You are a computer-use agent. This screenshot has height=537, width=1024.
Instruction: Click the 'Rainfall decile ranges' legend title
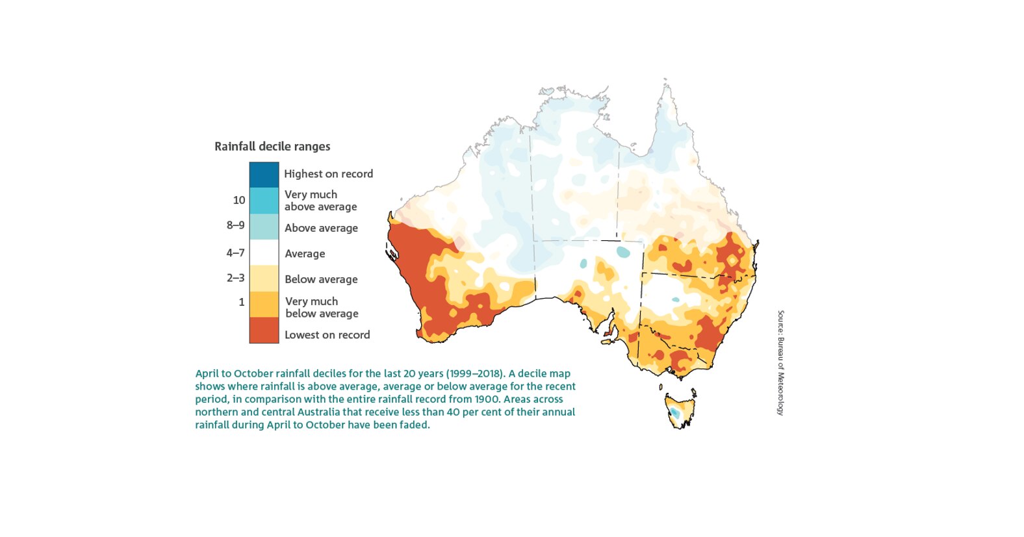coord(272,147)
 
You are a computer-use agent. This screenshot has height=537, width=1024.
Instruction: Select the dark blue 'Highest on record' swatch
coord(264,175)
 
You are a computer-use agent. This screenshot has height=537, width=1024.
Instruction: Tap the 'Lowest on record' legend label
coord(327,335)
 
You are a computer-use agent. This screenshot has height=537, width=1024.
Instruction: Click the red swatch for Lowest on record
coord(264,330)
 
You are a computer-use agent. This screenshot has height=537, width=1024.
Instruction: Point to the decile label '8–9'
coord(235,225)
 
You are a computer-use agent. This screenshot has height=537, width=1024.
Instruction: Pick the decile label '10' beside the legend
coord(238,200)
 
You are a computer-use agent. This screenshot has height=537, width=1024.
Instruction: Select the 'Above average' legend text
coord(321,228)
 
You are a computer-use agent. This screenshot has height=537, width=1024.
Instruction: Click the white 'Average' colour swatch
coord(264,253)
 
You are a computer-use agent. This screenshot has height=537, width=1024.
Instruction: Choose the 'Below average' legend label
coord(321,279)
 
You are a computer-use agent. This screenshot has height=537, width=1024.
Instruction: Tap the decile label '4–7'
coord(235,253)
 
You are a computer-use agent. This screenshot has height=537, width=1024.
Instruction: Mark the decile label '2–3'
coord(235,278)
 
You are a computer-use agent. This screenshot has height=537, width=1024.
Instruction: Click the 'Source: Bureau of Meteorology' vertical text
coord(781,362)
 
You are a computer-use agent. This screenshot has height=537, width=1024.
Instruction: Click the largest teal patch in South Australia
coord(623,251)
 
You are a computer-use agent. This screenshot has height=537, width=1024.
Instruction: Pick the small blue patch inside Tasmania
coord(676,412)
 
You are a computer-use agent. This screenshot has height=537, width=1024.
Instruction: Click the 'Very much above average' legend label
coord(320,201)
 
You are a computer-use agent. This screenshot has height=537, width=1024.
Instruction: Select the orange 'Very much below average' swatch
coord(264,304)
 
